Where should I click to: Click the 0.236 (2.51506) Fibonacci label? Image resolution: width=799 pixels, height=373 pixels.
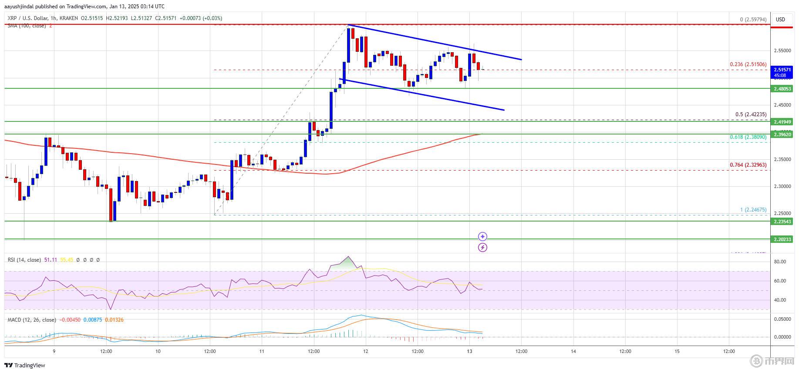(748, 64)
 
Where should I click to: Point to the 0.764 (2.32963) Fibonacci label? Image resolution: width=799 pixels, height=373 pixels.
(748, 165)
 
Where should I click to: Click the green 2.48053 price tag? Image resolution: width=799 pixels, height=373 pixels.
(782, 89)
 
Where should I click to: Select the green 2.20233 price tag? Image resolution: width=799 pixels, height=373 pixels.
(782, 239)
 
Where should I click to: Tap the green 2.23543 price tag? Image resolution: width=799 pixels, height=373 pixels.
(782, 222)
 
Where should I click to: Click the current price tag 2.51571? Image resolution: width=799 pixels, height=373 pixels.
(782, 70)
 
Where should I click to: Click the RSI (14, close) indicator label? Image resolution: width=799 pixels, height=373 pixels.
(24, 260)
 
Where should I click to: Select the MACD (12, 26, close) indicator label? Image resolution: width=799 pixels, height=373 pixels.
(32, 320)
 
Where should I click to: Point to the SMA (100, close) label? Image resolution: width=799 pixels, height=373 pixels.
(27, 26)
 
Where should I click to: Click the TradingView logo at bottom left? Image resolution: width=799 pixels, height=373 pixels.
(25, 365)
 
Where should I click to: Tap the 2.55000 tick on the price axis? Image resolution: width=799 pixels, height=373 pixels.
(782, 50)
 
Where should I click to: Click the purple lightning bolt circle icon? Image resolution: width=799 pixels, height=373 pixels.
(482, 248)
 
